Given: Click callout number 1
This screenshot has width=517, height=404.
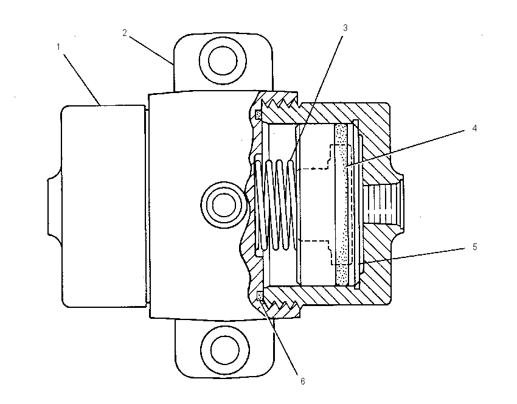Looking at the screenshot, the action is click(x=58, y=47).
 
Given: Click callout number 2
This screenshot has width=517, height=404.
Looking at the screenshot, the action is click(x=125, y=33).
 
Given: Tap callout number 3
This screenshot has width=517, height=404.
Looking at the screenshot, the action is click(x=345, y=28).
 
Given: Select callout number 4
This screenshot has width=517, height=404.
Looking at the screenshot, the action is click(x=474, y=128).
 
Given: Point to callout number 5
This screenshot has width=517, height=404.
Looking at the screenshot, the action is click(x=474, y=246).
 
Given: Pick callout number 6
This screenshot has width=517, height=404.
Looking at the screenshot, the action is click(x=302, y=381).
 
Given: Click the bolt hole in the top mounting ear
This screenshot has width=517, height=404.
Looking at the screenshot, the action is click(x=223, y=61).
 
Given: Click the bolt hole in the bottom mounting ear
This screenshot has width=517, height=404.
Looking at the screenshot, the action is click(x=225, y=350).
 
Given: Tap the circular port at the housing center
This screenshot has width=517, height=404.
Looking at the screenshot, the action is click(x=224, y=205).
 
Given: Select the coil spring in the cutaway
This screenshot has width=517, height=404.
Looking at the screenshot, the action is click(x=276, y=204).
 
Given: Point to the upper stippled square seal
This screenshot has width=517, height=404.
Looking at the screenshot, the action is click(x=259, y=115).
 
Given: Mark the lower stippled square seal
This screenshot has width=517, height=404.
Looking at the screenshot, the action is click(x=260, y=295).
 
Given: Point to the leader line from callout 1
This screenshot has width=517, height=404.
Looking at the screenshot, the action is click(x=82, y=80).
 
